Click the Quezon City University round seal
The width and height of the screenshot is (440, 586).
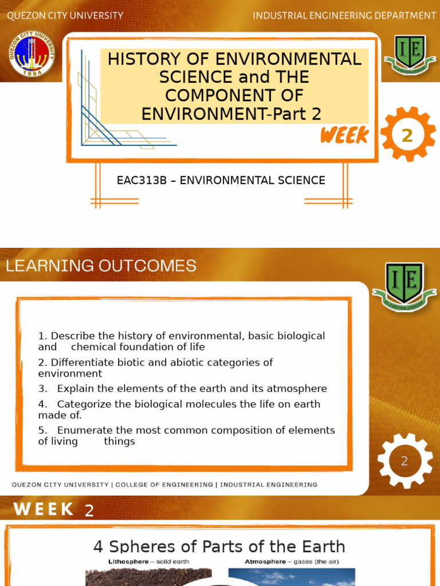coord(32,56)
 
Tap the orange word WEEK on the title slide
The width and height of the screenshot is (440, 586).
coord(344,136)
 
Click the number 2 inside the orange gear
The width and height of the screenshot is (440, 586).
coord(407,135)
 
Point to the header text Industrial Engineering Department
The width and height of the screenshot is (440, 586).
coord(344,15)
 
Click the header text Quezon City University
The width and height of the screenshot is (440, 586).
coord(65,15)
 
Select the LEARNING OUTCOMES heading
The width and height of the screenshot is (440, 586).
coord(101,266)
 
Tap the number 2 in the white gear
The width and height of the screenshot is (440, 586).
coord(404,461)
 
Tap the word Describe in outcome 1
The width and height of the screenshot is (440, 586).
coord(72,336)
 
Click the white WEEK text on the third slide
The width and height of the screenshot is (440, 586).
coord(44,509)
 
